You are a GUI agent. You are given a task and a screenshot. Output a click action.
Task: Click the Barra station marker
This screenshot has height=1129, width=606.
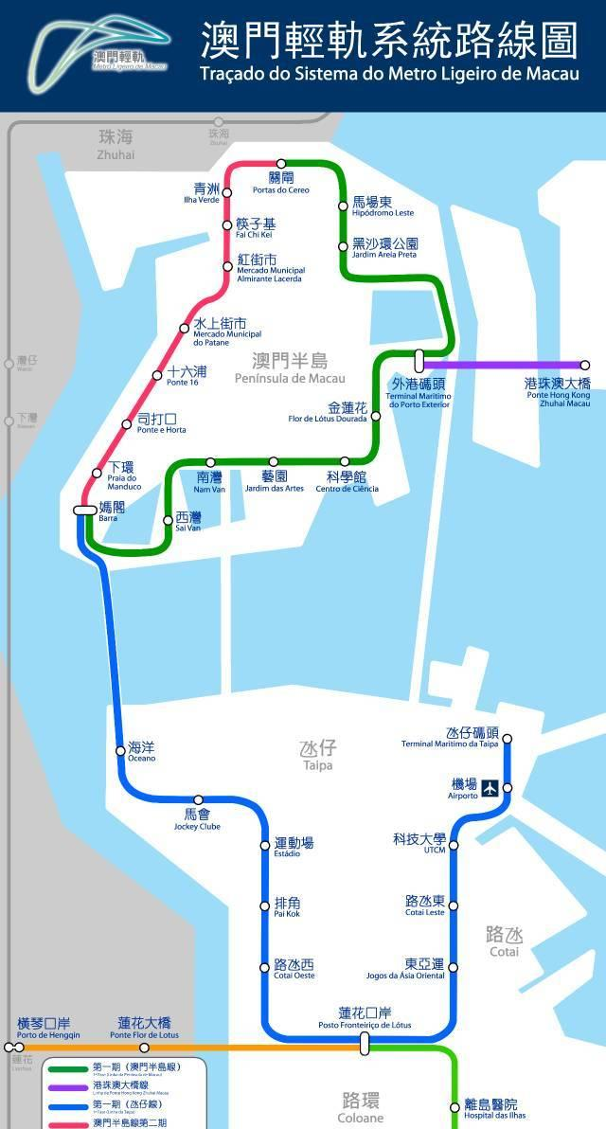[x=84, y=510]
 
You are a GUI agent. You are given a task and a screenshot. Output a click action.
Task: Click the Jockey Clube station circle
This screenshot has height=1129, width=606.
[x=198, y=800]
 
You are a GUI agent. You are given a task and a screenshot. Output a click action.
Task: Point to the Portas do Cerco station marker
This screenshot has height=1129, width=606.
[x=281, y=164]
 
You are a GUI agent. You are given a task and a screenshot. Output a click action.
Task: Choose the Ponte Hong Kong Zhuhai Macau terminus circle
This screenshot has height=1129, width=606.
[x=584, y=365]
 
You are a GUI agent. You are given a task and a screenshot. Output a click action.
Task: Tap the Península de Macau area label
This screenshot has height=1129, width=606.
[x=290, y=367]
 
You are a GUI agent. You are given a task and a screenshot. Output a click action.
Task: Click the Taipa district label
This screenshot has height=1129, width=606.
[x=318, y=754]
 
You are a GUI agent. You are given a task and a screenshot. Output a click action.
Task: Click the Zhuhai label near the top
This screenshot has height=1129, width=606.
[x=116, y=144]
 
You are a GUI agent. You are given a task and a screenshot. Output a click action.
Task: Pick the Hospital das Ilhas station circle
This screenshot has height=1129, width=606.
[x=454, y=1106]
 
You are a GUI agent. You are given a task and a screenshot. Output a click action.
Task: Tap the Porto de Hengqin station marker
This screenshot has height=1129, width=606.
[x=19, y=1048]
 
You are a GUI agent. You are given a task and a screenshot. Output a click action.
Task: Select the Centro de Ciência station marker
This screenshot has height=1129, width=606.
[x=346, y=461]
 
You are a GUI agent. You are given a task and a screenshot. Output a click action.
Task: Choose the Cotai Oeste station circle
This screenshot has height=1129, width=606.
[x=265, y=967]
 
